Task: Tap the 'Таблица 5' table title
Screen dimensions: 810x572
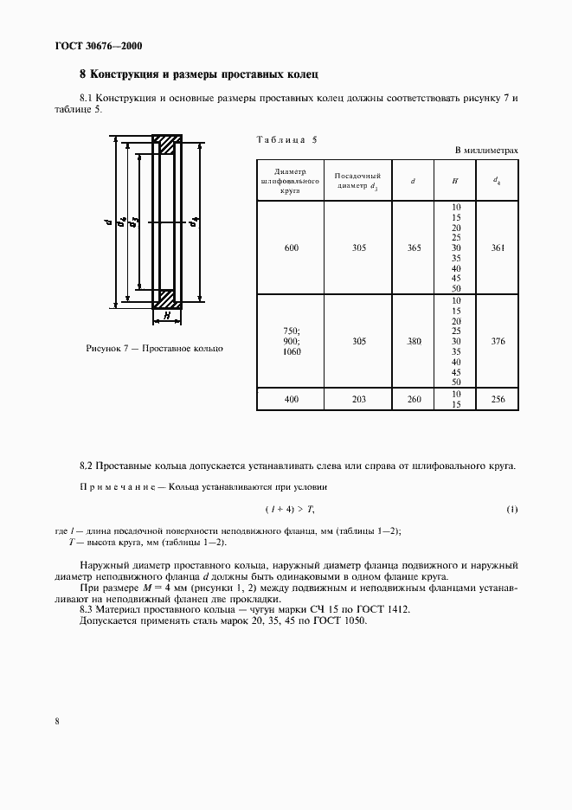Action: pos(287,140)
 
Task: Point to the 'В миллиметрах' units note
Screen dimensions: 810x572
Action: pos(486,151)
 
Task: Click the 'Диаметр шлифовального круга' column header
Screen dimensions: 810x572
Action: pos(290,180)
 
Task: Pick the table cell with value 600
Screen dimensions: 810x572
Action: pos(290,248)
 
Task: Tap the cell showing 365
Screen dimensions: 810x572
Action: pos(414,248)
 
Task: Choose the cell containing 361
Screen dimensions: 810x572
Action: pos(496,248)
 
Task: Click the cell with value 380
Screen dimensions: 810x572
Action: pos(414,342)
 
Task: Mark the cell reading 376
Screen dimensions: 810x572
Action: pos(496,342)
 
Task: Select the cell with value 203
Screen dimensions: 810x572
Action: pos(358,399)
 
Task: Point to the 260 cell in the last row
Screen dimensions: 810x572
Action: pos(414,399)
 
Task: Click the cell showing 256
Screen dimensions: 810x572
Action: pos(496,399)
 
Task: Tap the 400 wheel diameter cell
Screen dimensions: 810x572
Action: pos(290,399)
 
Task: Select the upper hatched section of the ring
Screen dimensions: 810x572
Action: pos(167,144)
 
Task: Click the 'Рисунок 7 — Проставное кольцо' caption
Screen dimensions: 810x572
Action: pos(155,348)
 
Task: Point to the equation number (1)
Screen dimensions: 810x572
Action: pos(512,508)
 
